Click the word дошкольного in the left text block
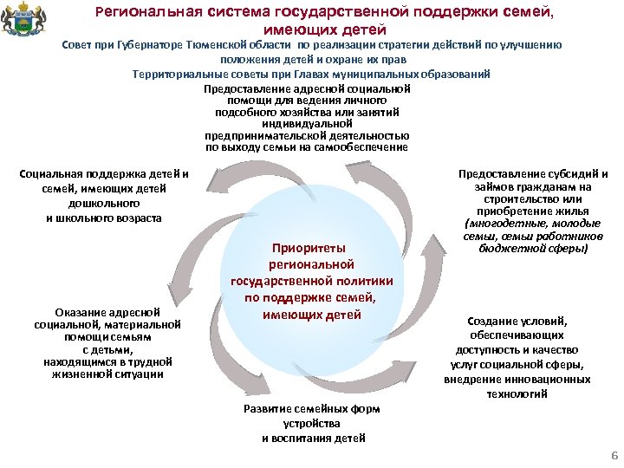103,204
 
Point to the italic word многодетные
498,223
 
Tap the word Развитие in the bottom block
265,408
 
